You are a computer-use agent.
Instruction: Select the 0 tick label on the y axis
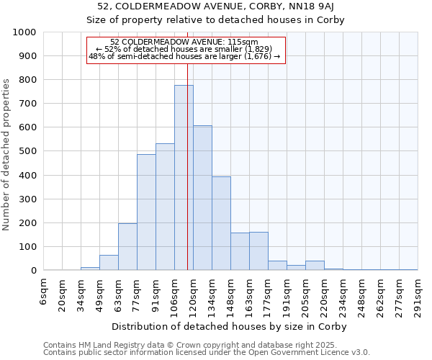[33, 271]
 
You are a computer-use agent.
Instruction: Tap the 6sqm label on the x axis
[44, 291]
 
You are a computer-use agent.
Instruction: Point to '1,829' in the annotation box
[257, 49]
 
